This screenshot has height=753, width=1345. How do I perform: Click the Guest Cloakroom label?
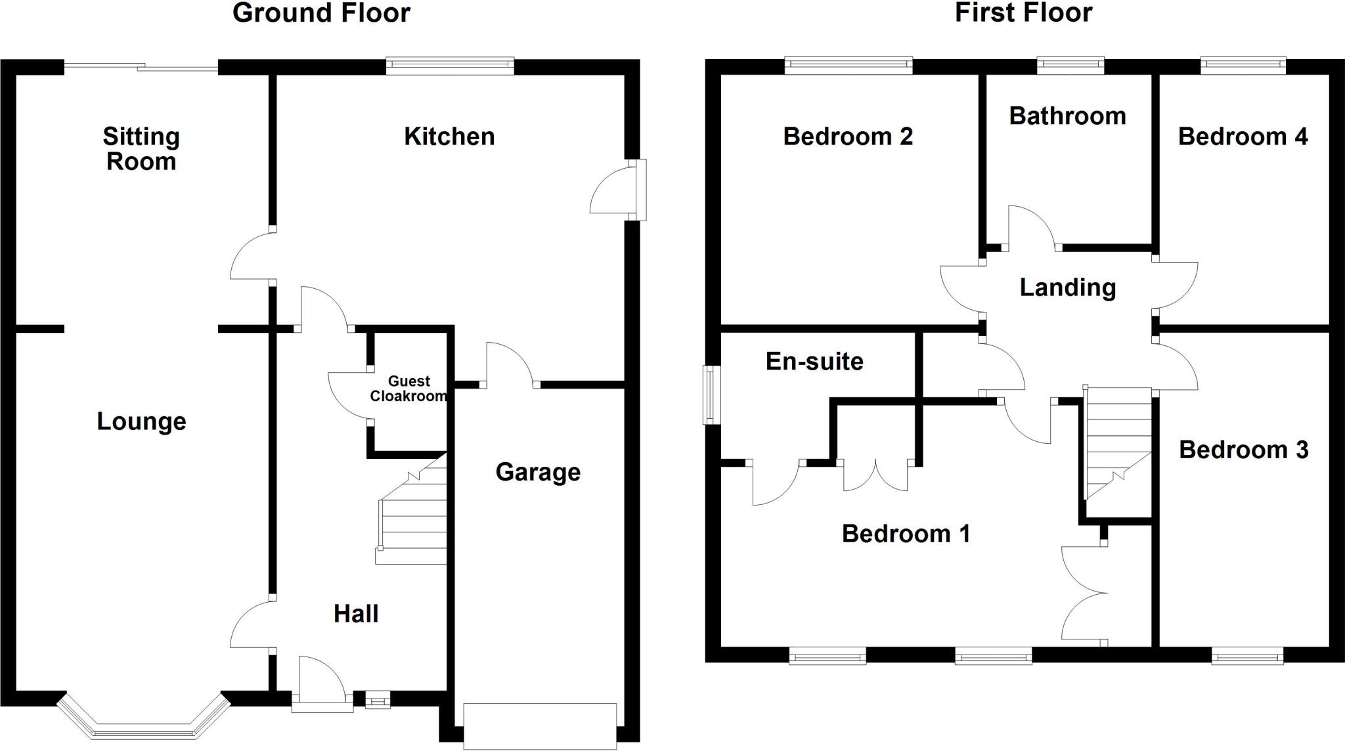point(408,389)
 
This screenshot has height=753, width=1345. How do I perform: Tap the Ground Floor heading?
point(321,13)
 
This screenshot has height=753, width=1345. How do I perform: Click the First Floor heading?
point(1023,13)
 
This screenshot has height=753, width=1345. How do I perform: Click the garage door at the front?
point(540,725)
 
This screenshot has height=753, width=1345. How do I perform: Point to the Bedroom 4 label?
point(1243,137)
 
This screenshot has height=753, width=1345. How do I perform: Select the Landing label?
point(1067,288)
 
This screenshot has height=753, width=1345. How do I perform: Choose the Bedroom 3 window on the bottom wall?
point(1247,656)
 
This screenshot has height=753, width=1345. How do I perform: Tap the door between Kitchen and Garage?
point(510,364)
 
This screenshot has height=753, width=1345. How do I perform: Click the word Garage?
point(538,472)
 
